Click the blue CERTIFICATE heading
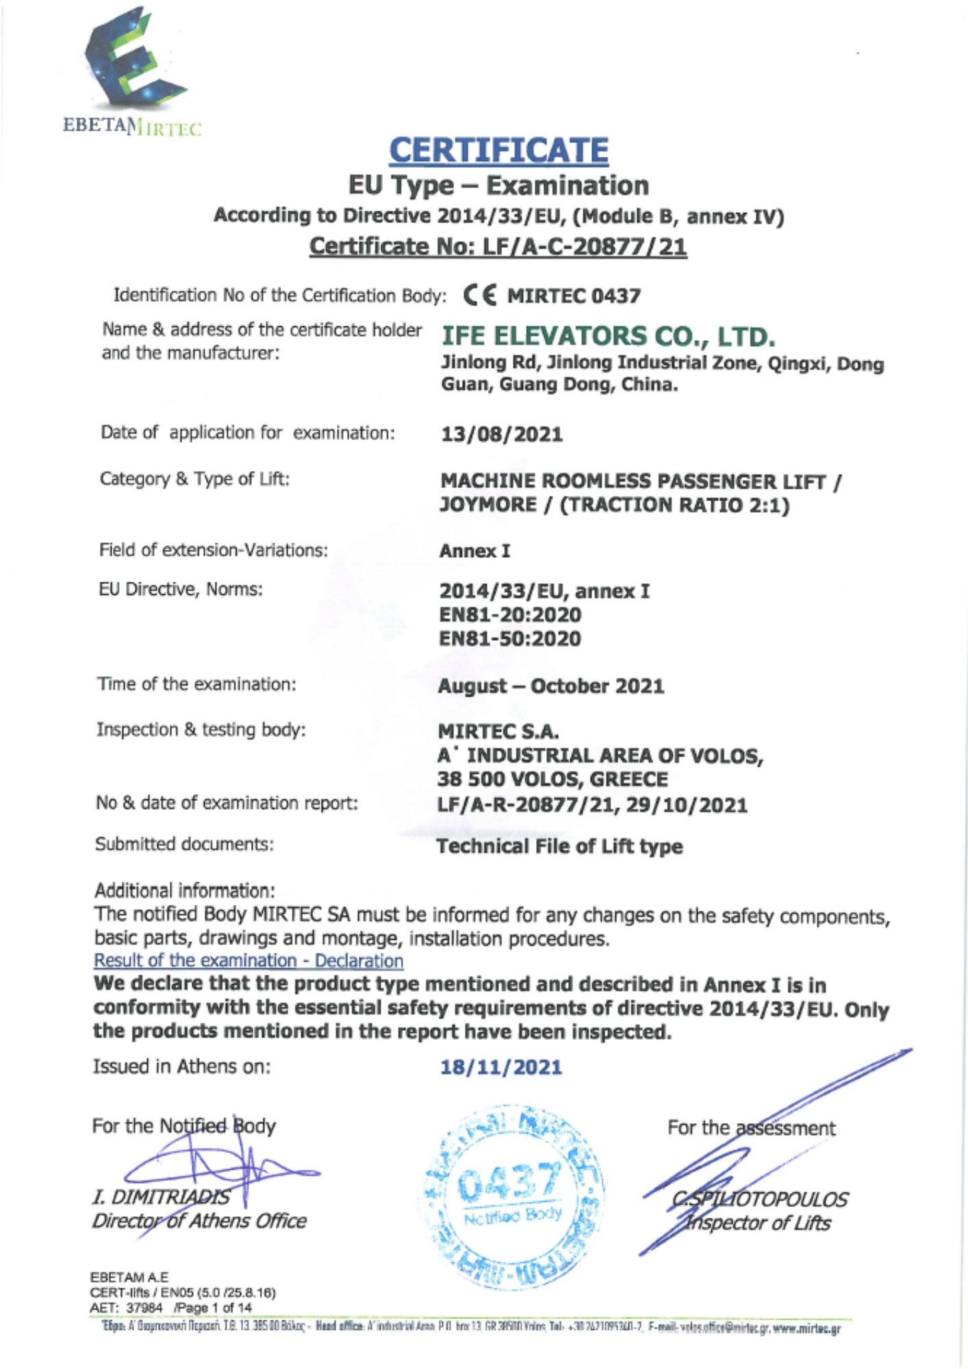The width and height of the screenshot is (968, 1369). click(498, 151)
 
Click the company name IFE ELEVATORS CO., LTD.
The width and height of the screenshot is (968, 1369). click(608, 337)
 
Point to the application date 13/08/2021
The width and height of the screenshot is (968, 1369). click(501, 435)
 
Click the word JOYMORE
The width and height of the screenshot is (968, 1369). click(487, 505)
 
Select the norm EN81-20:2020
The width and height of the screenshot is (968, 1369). click(509, 615)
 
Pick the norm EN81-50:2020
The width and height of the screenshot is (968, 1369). click(509, 639)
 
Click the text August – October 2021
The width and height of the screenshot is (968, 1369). click(550, 686)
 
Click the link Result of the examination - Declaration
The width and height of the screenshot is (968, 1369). click(249, 961)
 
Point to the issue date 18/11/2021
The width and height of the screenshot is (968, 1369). click(500, 1067)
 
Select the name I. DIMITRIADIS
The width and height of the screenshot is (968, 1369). click(161, 1197)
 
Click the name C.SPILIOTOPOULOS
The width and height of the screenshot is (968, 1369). click(759, 1199)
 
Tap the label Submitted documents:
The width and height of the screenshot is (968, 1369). click(184, 844)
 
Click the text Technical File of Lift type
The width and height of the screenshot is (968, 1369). click(559, 847)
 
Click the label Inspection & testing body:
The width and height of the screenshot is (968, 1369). click(201, 730)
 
